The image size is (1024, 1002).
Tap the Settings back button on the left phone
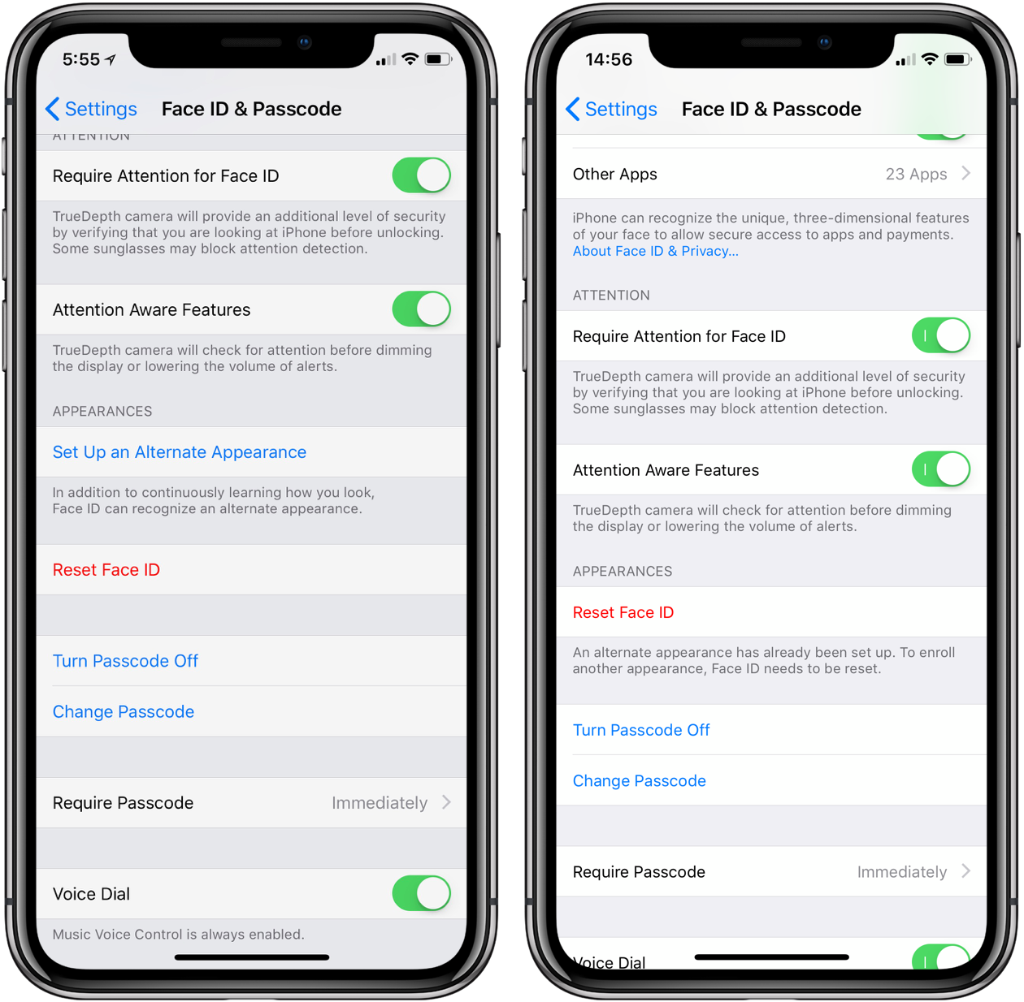tap(91, 109)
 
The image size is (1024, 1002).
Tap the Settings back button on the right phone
tap(611, 109)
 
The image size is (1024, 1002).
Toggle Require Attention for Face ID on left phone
tap(421, 175)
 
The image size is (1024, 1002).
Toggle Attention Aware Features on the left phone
tap(421, 309)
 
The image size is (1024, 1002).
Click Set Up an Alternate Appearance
tap(180, 452)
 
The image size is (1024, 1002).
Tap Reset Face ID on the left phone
tap(106, 570)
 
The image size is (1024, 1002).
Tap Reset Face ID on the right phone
tap(623, 612)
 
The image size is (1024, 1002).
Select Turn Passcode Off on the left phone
tap(125, 661)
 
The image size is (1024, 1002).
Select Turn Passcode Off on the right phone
tap(641, 730)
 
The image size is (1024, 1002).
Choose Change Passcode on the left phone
tap(124, 712)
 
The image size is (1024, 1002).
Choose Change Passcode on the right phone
tap(640, 781)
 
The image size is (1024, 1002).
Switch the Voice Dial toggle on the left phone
tap(421, 893)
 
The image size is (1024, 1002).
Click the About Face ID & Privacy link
tap(655, 251)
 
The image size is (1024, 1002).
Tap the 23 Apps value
tap(916, 174)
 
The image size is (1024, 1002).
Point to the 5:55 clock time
tap(81, 59)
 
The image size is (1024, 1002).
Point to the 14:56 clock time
tap(609, 59)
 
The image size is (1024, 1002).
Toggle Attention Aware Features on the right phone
tap(941, 469)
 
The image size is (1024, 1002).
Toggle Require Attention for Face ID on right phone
tap(941, 335)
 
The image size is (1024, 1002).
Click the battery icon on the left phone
tap(438, 59)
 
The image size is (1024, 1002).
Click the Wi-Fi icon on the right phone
tap(930, 59)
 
